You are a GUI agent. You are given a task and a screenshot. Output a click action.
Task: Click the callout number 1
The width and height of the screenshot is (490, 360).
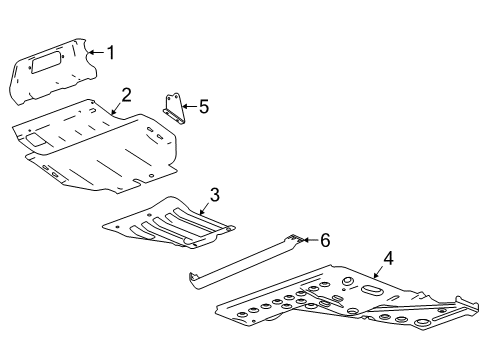pos(111,52)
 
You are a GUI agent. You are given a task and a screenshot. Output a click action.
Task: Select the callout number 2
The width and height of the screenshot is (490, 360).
pos(127,95)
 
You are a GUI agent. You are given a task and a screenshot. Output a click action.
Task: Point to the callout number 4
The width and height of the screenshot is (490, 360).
pos(388,257)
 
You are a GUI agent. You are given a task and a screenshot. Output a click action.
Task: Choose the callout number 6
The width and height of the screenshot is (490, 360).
pos(325,240)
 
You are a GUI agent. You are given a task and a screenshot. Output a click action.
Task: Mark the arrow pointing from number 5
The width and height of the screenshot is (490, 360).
pos(188,107)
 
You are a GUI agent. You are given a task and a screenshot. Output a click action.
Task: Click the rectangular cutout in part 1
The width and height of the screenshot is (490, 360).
pos(48,65)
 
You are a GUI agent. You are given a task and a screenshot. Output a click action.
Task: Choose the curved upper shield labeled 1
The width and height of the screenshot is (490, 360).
pos(55,72)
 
